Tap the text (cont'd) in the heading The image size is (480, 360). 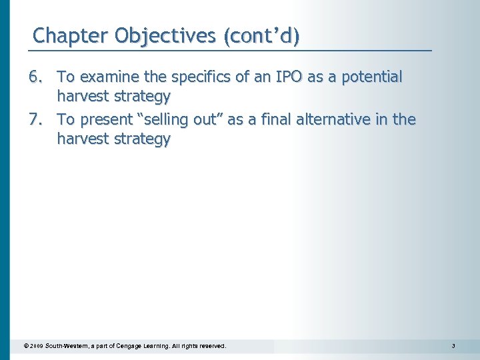click(261, 35)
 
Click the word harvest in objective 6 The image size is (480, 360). click(83, 97)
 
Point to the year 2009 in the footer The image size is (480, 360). click(36, 346)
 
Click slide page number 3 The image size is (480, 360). click(453, 346)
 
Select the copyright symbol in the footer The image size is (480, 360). click(25, 346)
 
